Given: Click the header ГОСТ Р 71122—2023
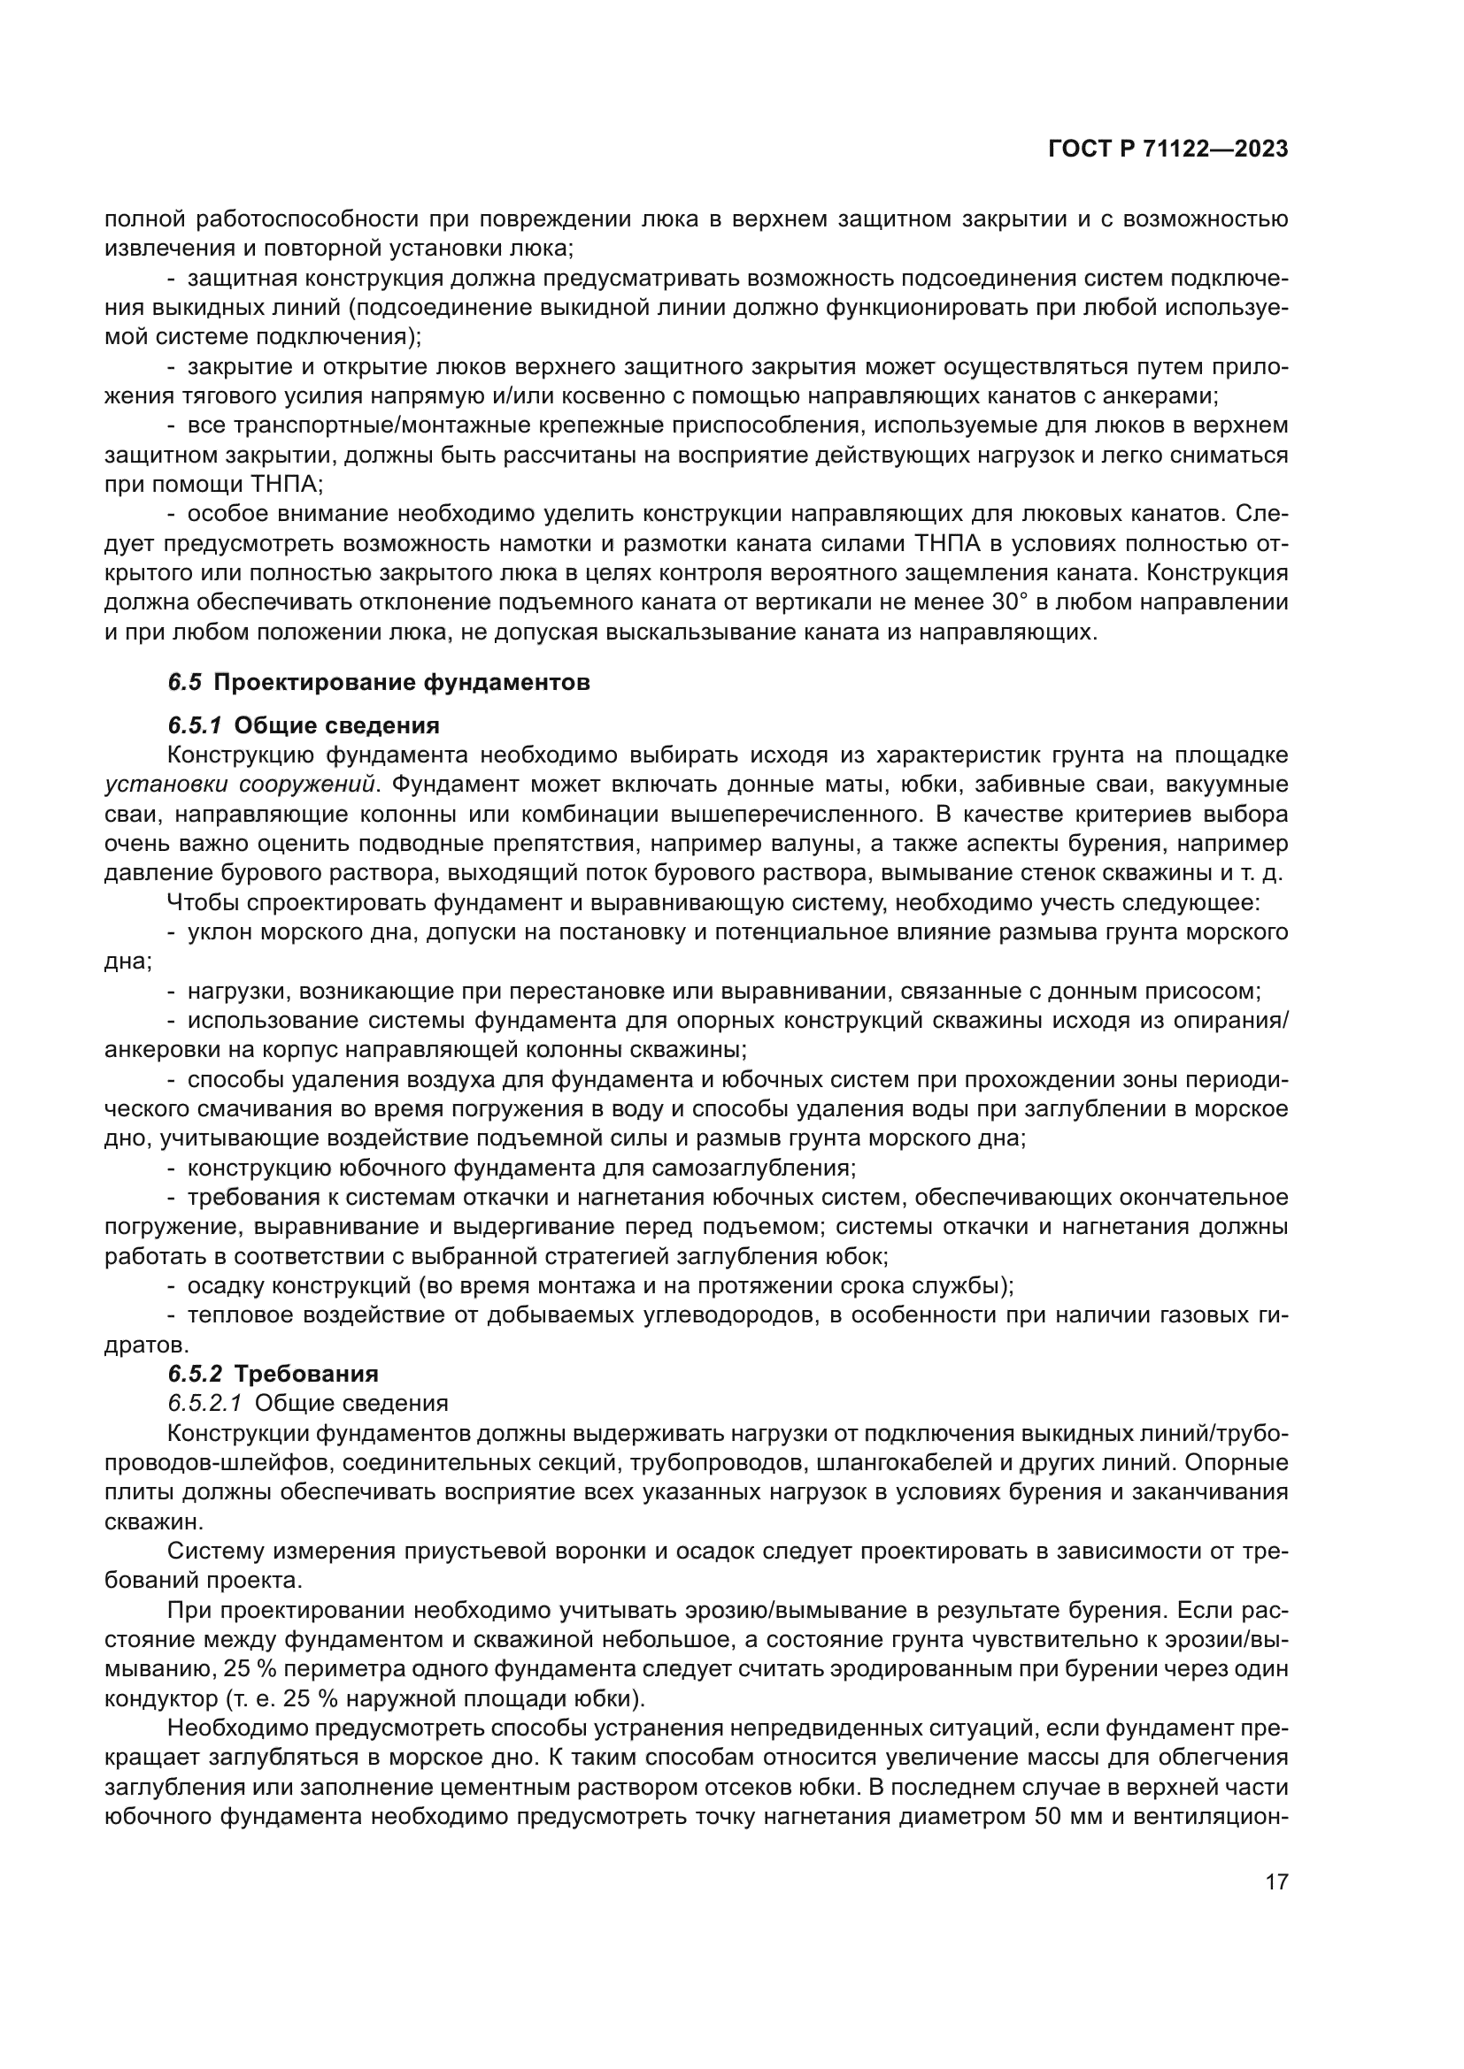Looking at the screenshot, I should pos(1167,149).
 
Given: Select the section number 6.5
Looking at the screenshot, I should pos(185,682).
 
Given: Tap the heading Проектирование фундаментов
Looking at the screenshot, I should pos(402,682).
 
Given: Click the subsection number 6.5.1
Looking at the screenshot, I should pos(195,725).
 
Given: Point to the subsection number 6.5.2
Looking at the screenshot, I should pos(195,1375).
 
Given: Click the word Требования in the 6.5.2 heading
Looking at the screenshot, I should pos(305,1375).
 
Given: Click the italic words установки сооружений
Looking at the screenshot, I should pos(241,784).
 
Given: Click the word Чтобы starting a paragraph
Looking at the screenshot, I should pos(200,902).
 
